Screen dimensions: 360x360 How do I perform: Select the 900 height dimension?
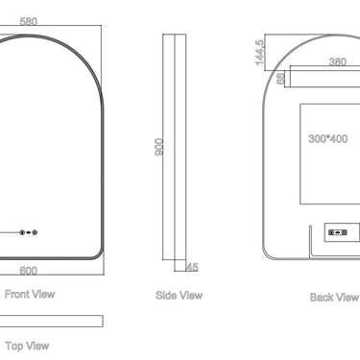click(x=159, y=146)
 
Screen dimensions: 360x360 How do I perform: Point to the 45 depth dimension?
click(x=191, y=267)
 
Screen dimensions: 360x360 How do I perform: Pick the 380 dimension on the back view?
click(x=337, y=61)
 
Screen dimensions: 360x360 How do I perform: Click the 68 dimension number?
click(x=281, y=78)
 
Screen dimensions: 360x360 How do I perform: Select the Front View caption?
click(x=29, y=295)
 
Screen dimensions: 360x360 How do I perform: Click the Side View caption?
click(x=179, y=296)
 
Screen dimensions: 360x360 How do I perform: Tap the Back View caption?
click(x=333, y=298)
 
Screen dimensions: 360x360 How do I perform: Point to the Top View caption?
click(x=27, y=345)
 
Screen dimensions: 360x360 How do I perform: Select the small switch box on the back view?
click(x=338, y=231)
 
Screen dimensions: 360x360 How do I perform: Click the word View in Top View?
click(x=37, y=345)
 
